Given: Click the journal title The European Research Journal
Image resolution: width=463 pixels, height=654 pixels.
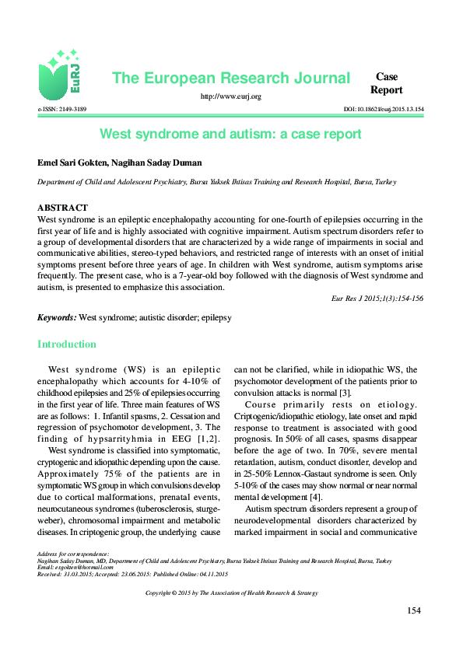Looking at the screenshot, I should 231,78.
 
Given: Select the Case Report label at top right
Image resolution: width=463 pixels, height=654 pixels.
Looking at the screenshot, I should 387,83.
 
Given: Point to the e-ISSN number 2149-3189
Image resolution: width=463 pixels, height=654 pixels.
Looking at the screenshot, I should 68,110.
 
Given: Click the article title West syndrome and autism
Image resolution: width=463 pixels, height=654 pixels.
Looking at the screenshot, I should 231,134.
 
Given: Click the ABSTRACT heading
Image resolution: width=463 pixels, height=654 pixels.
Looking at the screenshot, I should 62,208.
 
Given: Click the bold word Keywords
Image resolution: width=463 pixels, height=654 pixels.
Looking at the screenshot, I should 57,317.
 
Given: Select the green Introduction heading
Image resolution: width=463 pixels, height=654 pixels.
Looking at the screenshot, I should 67,344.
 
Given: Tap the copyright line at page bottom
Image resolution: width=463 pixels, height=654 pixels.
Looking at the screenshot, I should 231,593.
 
